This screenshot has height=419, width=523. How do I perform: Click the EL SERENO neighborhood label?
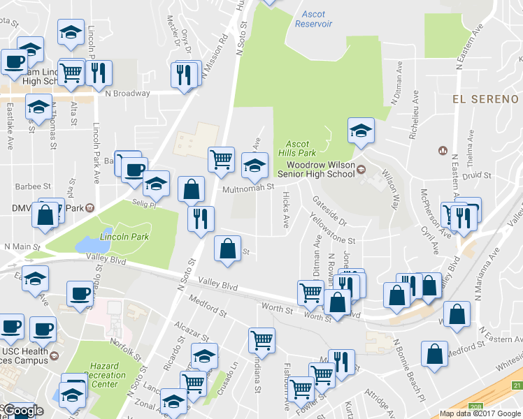[x=485, y=99]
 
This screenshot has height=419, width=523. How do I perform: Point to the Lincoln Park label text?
[x=124, y=237]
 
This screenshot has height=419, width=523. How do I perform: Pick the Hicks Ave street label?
[x=285, y=211]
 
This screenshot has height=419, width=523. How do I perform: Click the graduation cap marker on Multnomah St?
[x=255, y=165]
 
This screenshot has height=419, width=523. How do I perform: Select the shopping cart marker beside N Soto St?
[x=221, y=159]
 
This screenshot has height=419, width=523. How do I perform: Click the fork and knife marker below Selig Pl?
[x=201, y=219]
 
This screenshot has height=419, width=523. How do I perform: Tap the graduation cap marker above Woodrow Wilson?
[x=361, y=130]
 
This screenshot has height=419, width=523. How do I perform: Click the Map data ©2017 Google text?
[x=480, y=413]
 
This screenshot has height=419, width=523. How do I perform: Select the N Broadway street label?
[x=127, y=93]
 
